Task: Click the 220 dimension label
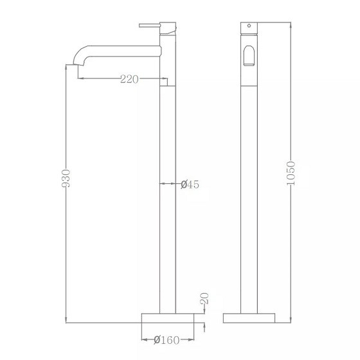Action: [x=129, y=79]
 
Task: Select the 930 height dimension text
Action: [x=66, y=179]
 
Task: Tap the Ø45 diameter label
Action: [x=190, y=184]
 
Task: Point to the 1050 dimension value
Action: [x=291, y=173]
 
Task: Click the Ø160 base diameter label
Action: [x=166, y=340]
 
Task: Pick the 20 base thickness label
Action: [x=205, y=298]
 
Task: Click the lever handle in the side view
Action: [x=149, y=25]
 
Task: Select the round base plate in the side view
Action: [x=168, y=318]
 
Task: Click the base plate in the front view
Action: [x=249, y=318]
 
